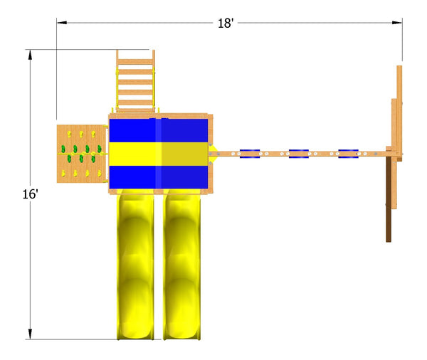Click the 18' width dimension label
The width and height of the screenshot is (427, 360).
(x=226, y=23)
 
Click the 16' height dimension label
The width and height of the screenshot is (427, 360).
(x=30, y=194)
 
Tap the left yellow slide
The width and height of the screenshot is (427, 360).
(x=135, y=265)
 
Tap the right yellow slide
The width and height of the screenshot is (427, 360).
(x=182, y=265)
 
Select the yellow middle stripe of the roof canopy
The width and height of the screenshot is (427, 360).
(x=159, y=154)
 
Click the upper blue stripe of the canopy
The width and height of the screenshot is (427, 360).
(x=159, y=130)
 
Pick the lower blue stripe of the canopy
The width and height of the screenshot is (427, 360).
(x=159, y=177)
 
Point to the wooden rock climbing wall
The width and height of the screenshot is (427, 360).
(x=81, y=154)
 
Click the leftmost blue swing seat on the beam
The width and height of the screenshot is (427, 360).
(x=250, y=154)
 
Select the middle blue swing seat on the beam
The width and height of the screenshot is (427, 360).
(x=299, y=154)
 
